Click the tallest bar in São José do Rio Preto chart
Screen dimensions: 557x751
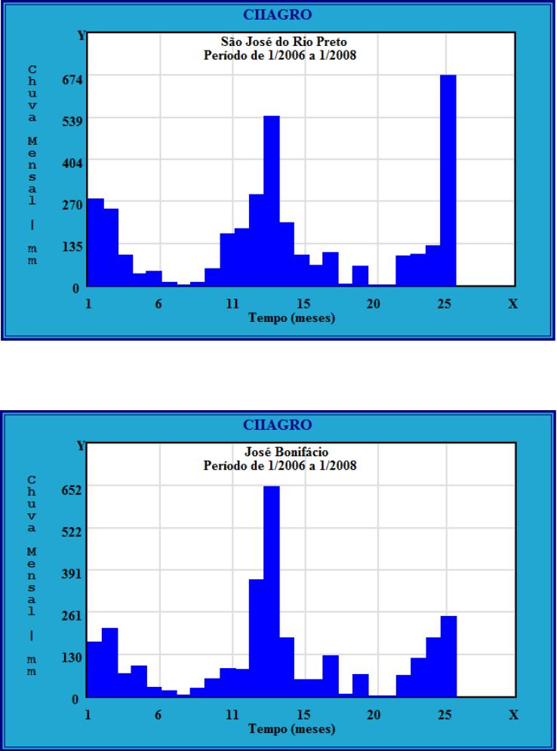pyautogui.click(x=448, y=180)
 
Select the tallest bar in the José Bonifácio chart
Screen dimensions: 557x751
pyautogui.click(x=271, y=591)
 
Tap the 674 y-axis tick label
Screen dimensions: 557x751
pyautogui.click(x=72, y=79)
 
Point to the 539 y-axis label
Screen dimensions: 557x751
pyautogui.click(x=72, y=121)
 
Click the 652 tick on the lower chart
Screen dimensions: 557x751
pyautogui.click(x=72, y=490)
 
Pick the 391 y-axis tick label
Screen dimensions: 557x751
pyautogui.click(x=72, y=573)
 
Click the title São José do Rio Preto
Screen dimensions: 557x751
pyautogui.click(x=284, y=41)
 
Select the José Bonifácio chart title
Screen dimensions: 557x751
pyautogui.click(x=287, y=452)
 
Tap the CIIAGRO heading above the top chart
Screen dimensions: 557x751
pyautogui.click(x=278, y=15)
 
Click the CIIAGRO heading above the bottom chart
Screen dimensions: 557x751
pyautogui.click(x=278, y=425)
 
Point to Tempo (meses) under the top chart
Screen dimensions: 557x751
pyautogui.click(x=292, y=317)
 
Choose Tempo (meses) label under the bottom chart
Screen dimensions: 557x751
pyautogui.click(x=292, y=728)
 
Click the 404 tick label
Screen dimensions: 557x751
pyautogui.click(x=72, y=163)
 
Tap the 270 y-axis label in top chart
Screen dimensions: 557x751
pyautogui.click(x=72, y=204)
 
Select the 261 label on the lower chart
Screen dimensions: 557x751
pyautogui.click(x=72, y=615)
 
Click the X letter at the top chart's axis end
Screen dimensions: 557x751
pyautogui.click(x=513, y=304)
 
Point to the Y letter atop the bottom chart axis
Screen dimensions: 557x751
pyautogui.click(x=82, y=446)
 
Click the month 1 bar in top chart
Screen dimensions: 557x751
pyautogui.click(x=95, y=242)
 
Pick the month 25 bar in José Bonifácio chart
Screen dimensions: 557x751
pyautogui.click(x=448, y=656)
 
